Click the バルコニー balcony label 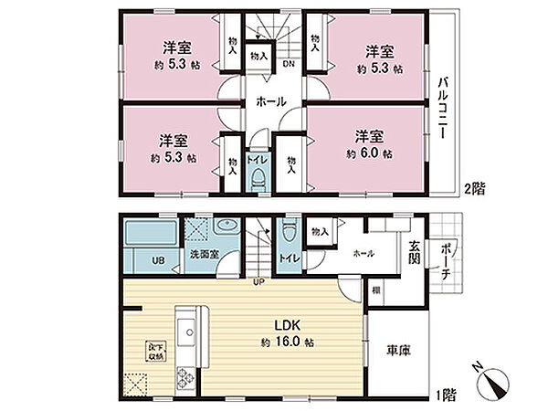(441, 108)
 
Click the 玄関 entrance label (414, 250)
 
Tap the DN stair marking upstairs (287, 64)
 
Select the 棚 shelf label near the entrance (376, 290)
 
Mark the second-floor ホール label (273, 102)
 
